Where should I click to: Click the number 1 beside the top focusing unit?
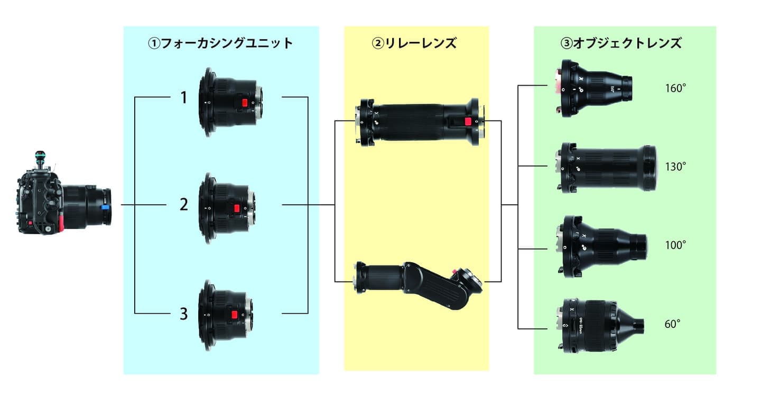[183, 98]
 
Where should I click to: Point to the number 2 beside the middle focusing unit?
[183, 205]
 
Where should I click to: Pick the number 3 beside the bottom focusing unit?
[183, 314]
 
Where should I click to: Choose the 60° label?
[672, 324]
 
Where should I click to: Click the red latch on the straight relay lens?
[467, 122]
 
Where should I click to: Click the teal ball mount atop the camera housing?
[40, 157]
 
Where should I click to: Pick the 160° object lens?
[595, 87]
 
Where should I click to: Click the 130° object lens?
[605, 167]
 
